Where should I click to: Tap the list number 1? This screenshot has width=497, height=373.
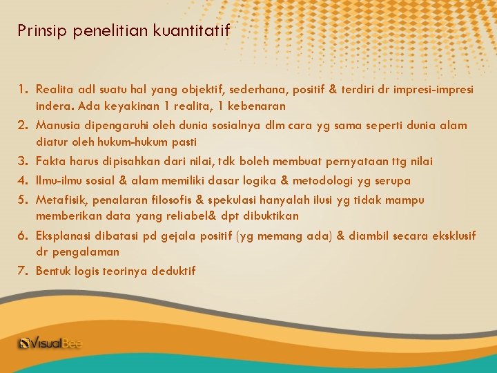[23, 89]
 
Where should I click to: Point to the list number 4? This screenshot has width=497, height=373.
[23, 180]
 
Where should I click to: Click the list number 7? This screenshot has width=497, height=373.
[23, 271]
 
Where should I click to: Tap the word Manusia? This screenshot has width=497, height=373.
[57, 126]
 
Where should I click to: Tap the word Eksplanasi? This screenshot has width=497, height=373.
[61, 236]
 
